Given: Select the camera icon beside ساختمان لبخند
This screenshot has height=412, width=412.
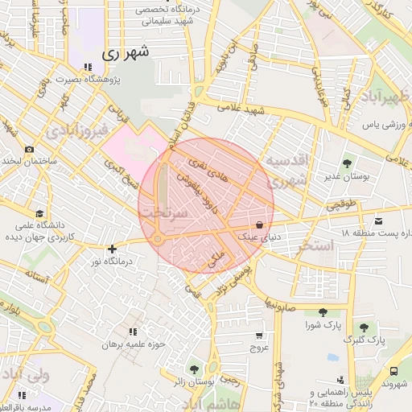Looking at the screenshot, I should (x=30, y=149).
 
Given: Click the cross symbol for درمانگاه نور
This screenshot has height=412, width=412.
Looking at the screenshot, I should (x=112, y=249).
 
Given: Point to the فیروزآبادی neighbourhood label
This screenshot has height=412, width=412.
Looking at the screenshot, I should (x=76, y=131).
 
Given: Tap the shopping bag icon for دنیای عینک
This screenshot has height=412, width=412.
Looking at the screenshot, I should (x=259, y=225).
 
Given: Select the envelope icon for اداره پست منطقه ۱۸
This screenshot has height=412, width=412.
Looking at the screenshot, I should (x=378, y=220).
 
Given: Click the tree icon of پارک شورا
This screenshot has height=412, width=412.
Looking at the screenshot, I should (x=323, y=312).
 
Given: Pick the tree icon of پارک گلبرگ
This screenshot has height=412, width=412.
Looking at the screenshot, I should (x=365, y=328).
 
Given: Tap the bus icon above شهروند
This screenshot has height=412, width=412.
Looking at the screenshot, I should (x=393, y=371).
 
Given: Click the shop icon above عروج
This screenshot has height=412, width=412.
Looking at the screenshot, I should (x=258, y=336).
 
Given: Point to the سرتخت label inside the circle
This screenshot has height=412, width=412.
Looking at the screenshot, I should (x=164, y=212).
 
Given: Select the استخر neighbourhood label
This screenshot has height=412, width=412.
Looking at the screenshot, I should (x=314, y=245).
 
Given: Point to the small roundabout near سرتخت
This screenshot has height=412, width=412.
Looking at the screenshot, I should (x=158, y=239).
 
